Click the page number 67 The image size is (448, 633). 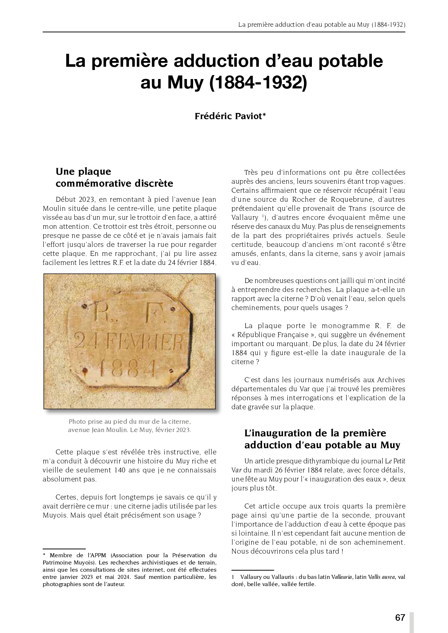pos(400,617)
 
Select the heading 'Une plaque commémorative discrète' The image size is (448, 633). pos(114,177)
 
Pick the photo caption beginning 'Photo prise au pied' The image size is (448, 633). pos(129,425)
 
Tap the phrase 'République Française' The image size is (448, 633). pos(275,335)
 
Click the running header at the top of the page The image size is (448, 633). pos(321,25)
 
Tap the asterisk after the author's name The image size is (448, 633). pos(264,115)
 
